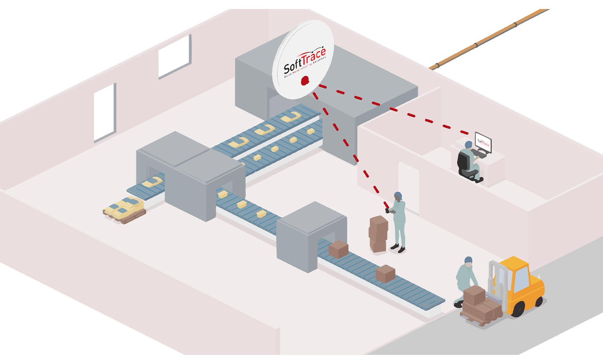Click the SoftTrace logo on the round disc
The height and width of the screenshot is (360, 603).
click(305, 61)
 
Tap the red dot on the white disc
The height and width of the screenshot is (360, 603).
click(305, 80)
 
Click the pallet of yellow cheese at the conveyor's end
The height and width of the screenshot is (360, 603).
click(125, 209)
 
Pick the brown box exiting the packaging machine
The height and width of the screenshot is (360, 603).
click(338, 249)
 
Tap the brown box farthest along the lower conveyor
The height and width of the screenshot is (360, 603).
click(385, 273)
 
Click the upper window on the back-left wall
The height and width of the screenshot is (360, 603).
click(174, 56)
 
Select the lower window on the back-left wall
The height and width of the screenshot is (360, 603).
click(104, 112)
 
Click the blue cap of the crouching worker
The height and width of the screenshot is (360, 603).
click(468, 260)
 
